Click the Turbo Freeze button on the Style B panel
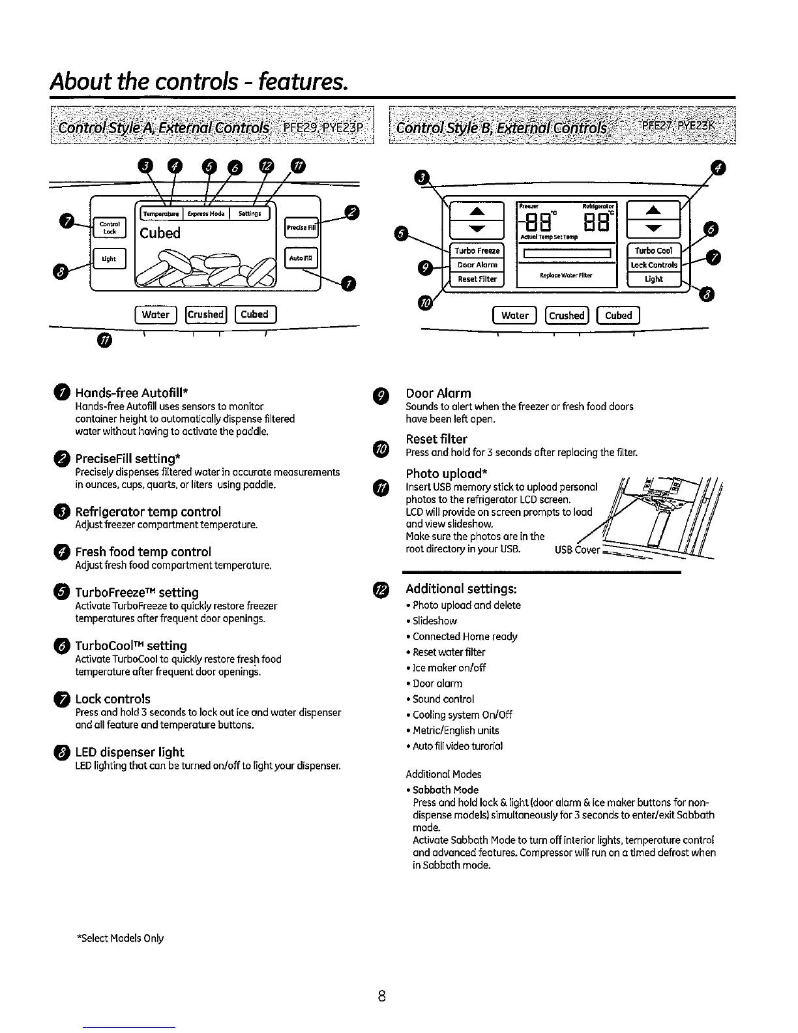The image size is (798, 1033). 477,251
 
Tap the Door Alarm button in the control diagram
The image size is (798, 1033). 477,265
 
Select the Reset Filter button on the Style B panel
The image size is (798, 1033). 477,279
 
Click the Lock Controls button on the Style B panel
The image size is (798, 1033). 654,265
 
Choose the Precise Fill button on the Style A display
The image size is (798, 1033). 301,228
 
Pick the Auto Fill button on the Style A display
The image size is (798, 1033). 301,258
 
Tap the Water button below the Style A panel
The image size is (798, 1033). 156,314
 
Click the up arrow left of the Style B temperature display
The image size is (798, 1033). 477,211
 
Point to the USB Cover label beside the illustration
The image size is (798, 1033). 576,550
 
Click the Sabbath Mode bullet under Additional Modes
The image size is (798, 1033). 446,790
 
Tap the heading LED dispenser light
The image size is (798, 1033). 130,752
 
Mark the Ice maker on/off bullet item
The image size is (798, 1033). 449,668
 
